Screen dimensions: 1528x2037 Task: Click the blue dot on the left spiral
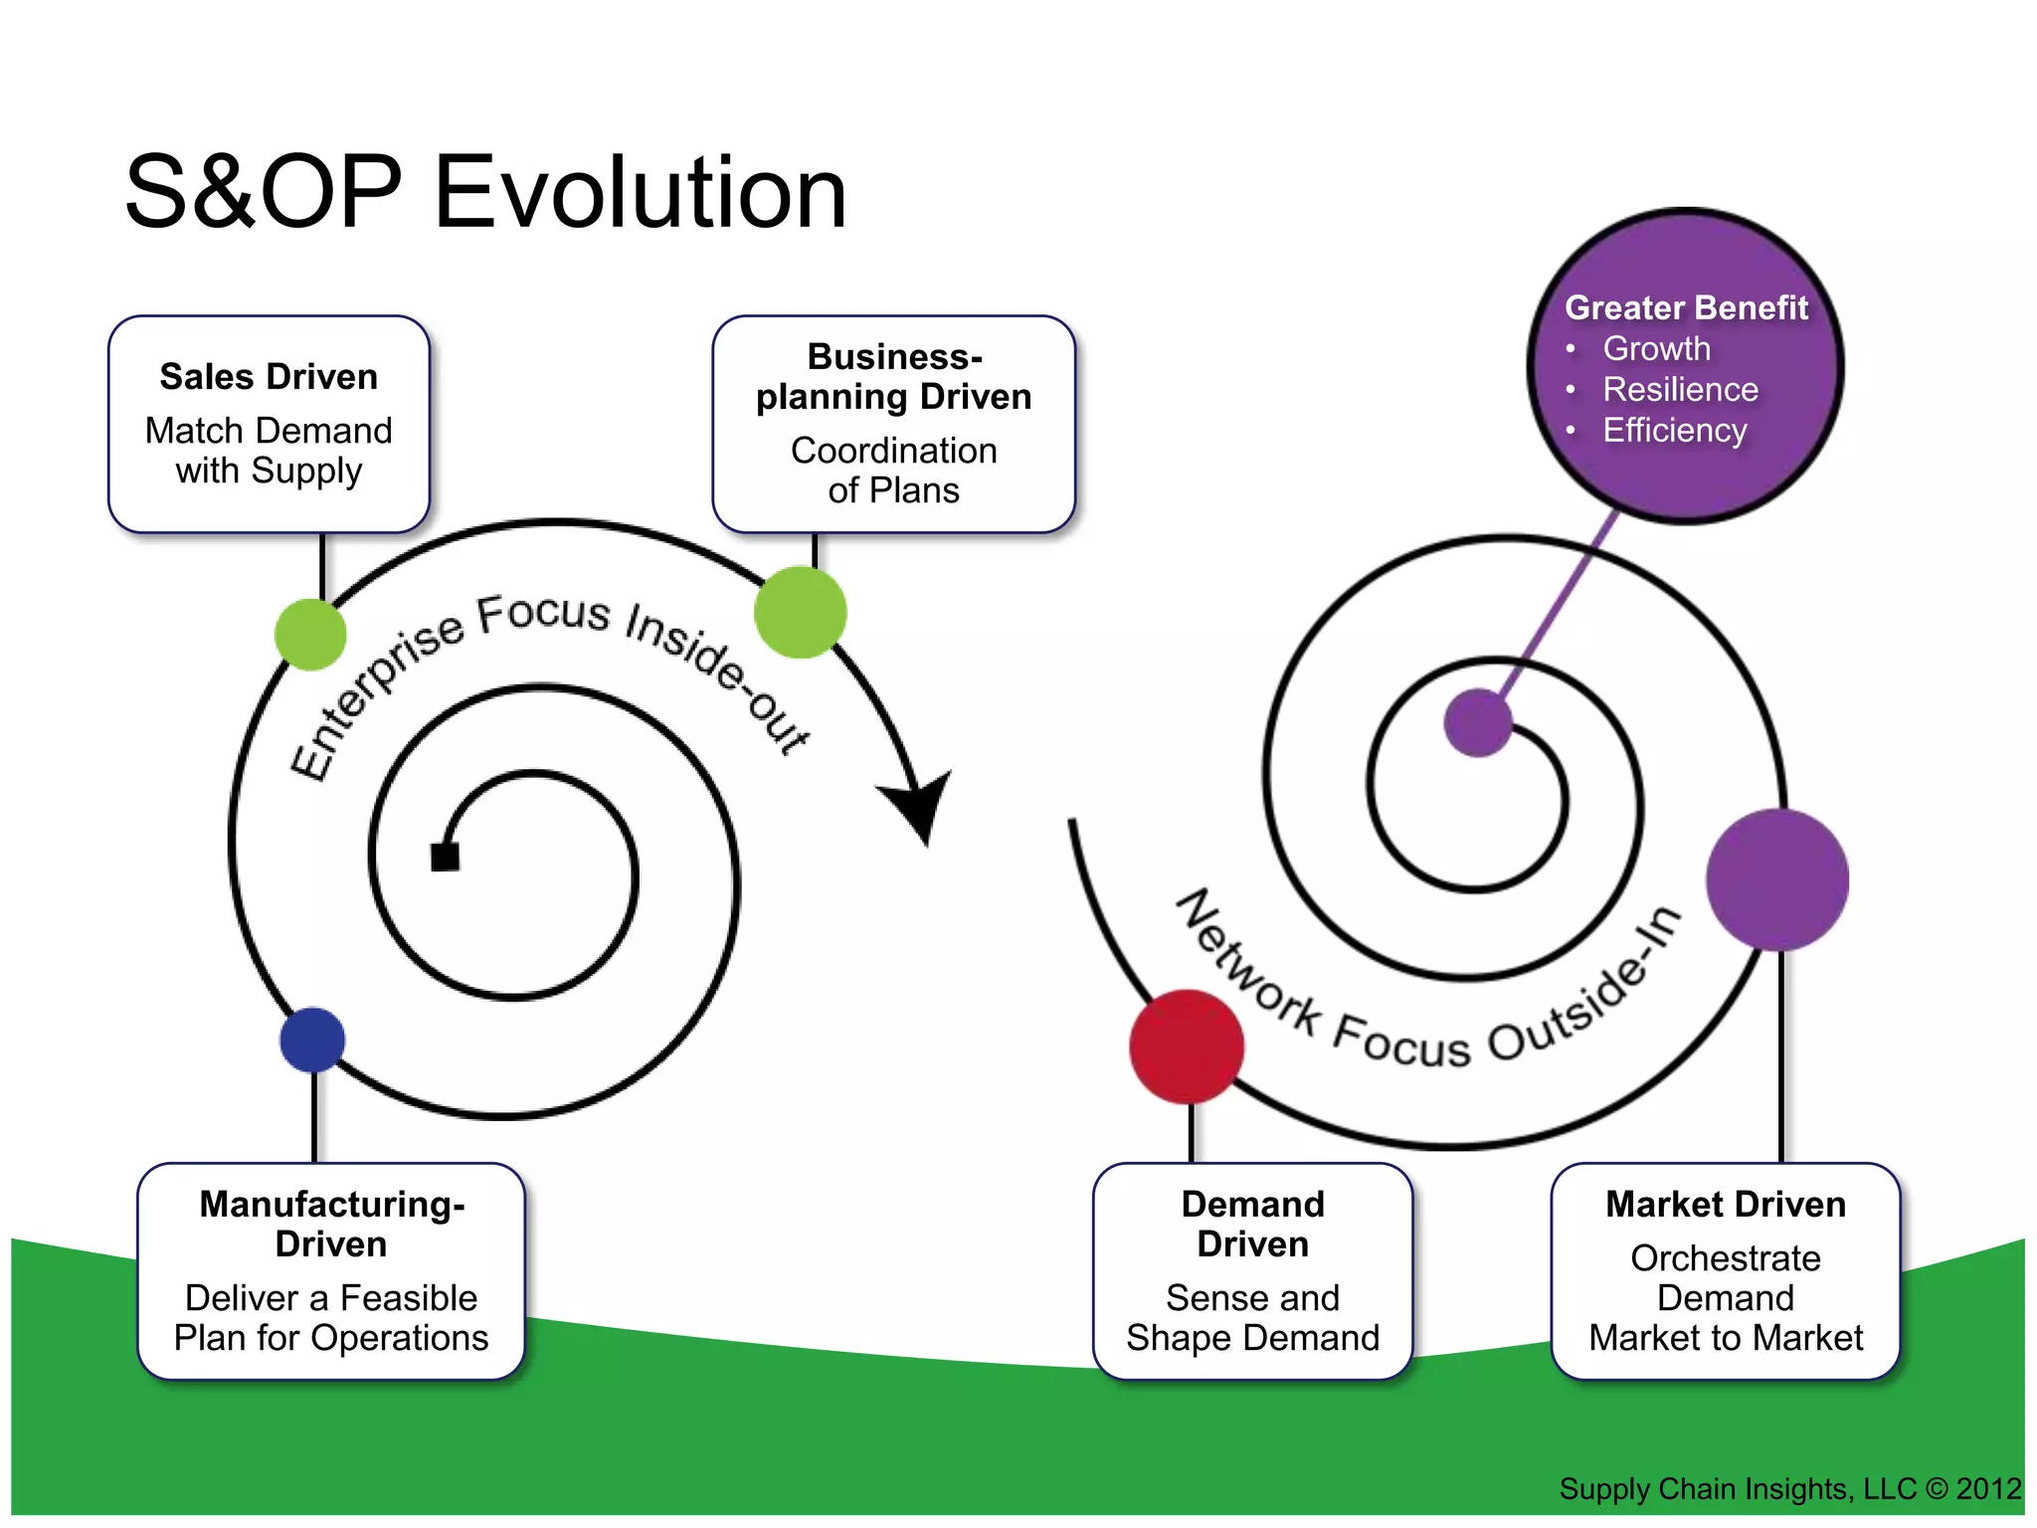312,1040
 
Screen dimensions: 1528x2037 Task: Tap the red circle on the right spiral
1187,1047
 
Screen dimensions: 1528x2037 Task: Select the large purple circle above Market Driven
1777,879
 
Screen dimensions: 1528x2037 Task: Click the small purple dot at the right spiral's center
1478,723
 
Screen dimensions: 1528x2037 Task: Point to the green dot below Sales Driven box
310,635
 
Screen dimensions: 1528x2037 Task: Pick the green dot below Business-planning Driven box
801,612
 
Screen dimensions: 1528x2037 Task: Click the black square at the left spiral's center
445,857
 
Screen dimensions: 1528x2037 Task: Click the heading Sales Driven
269,377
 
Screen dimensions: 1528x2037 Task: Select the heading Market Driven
1726,1205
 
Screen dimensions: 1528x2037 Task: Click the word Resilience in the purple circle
1680,389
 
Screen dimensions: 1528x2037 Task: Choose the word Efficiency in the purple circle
1674,430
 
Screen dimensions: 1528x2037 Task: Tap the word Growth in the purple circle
1656,348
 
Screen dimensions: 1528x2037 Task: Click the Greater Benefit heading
1686,307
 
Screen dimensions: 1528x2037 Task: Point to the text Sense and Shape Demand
1252,1318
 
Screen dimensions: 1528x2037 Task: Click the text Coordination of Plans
893,471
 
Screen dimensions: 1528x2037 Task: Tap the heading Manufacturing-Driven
331,1225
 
